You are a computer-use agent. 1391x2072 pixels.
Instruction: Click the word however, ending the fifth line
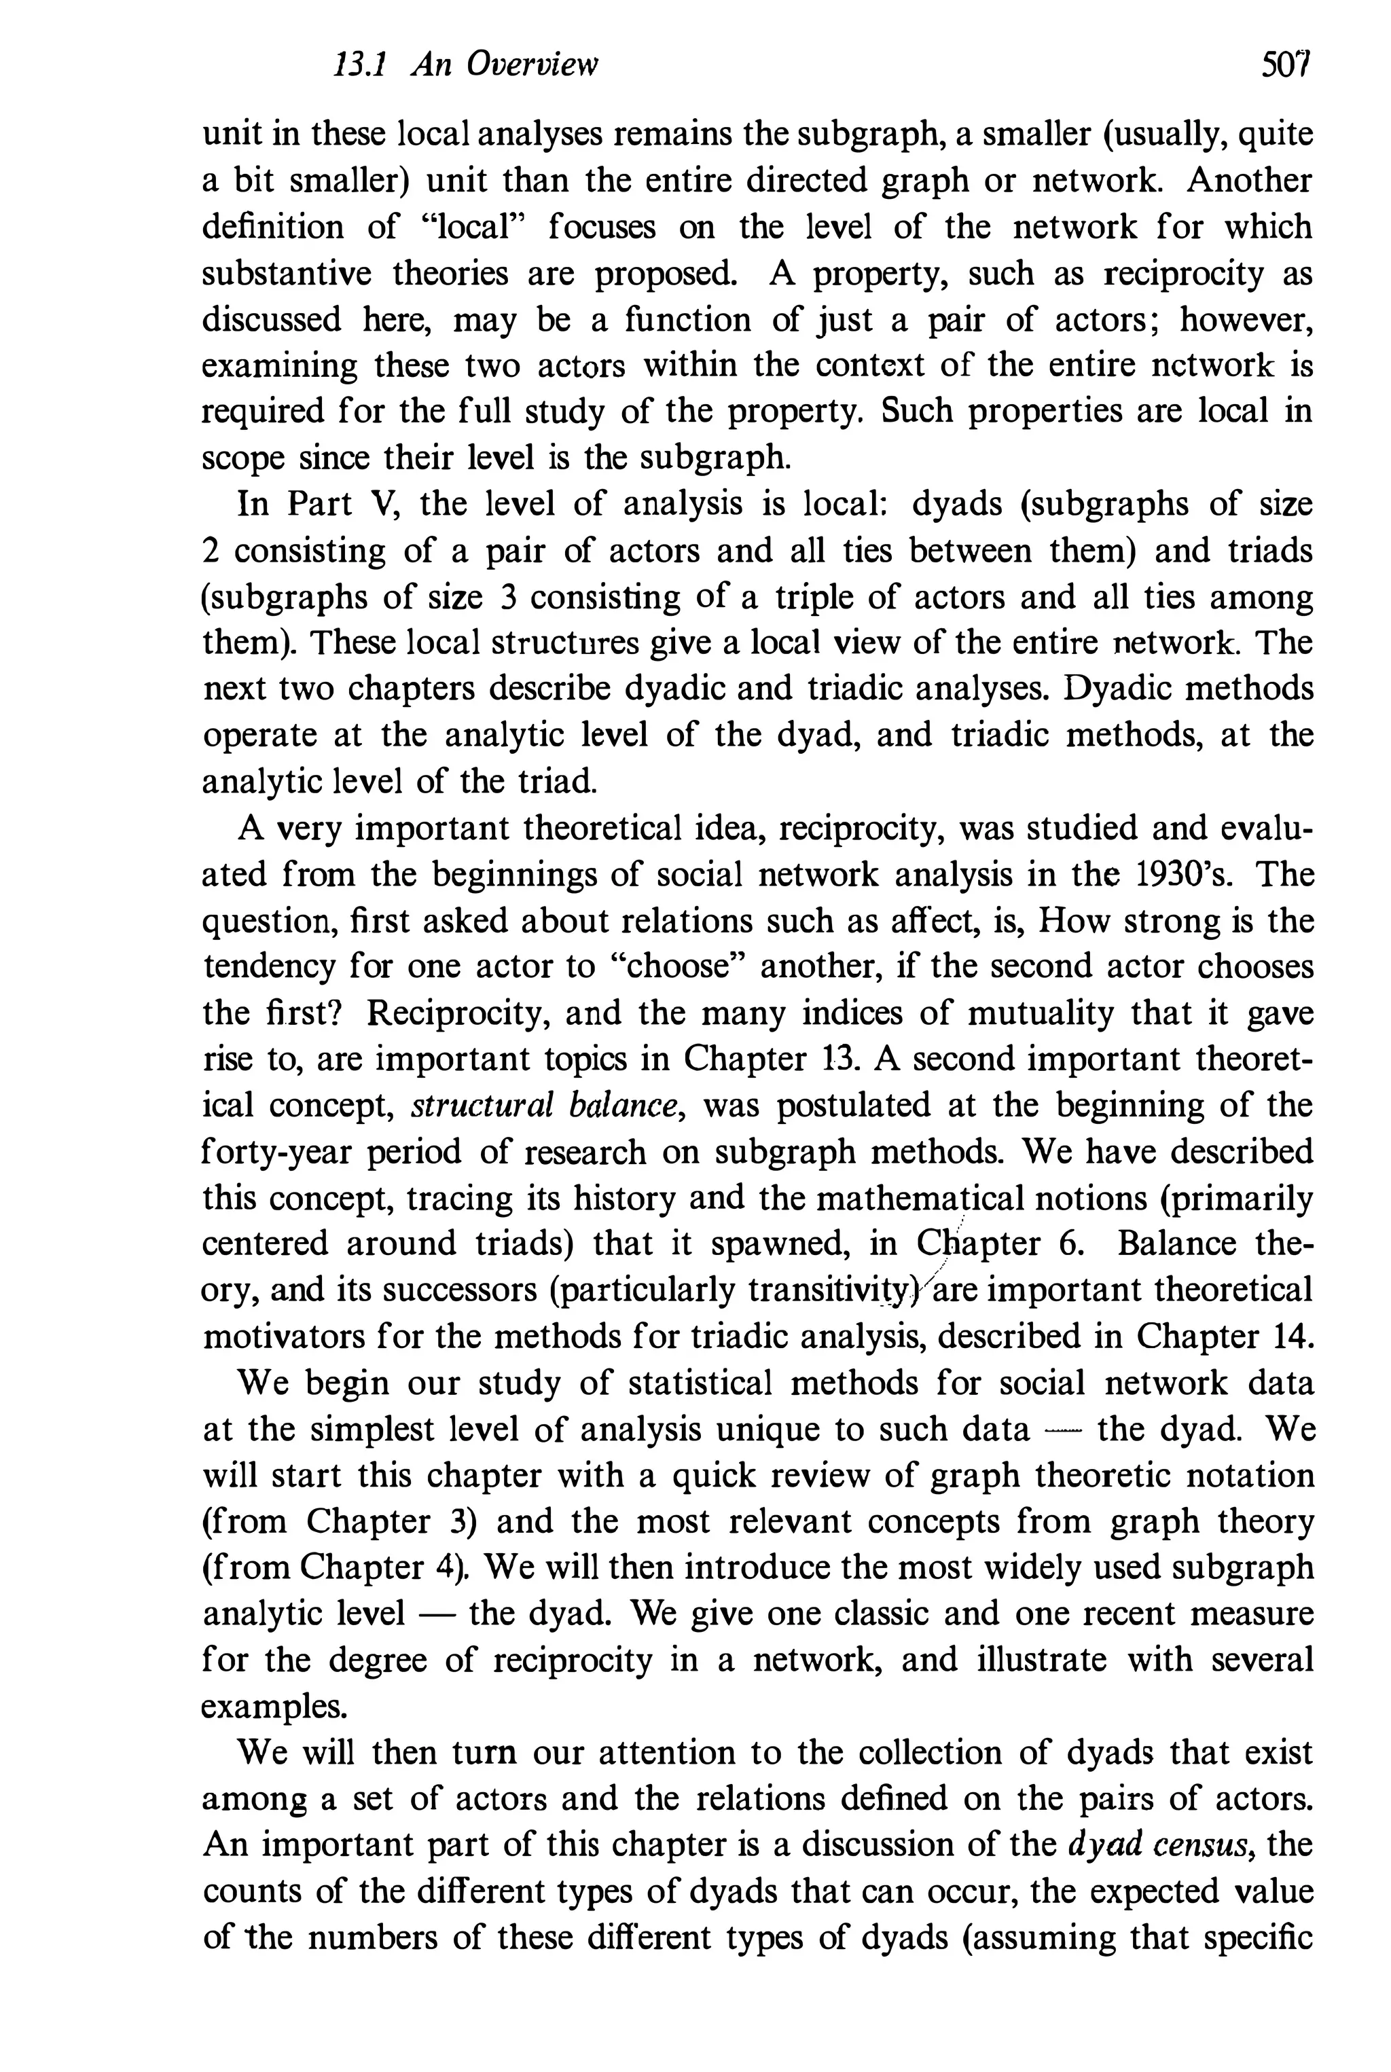tap(1246, 319)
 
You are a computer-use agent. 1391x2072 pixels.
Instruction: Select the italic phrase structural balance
tap(547, 1105)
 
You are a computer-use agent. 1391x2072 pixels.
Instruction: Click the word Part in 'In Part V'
tap(323, 505)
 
